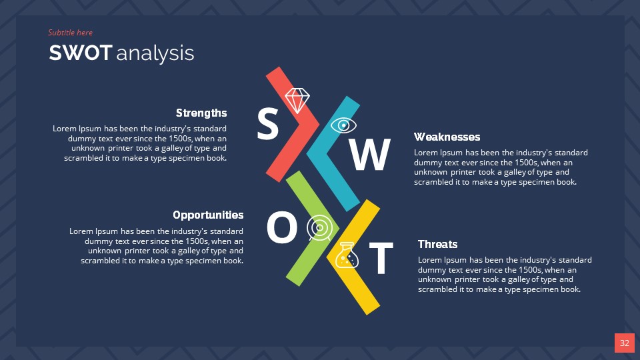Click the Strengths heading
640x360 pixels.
pyautogui.click(x=201, y=113)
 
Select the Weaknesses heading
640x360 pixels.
pyautogui.click(x=447, y=137)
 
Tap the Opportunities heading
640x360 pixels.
pyautogui.click(x=208, y=215)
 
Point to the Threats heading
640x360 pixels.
pyautogui.click(x=437, y=244)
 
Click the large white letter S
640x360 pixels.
pyautogui.click(x=267, y=125)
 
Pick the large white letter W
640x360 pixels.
pyautogui.click(x=370, y=155)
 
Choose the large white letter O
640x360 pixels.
pyautogui.click(x=281, y=228)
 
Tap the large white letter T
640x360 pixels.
pyautogui.click(x=381, y=259)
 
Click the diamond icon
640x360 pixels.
pyautogui.click(x=297, y=100)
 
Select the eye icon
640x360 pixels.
pyautogui.click(x=343, y=125)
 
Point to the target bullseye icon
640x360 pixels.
pyautogui.click(x=319, y=228)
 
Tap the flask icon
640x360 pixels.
pyautogui.click(x=347, y=255)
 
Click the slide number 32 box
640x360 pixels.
pyautogui.click(x=624, y=343)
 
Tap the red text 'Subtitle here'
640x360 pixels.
pyautogui.click(x=70, y=33)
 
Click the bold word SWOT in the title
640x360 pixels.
pyautogui.click(x=80, y=53)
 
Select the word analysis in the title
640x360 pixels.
pyautogui.click(x=155, y=53)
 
